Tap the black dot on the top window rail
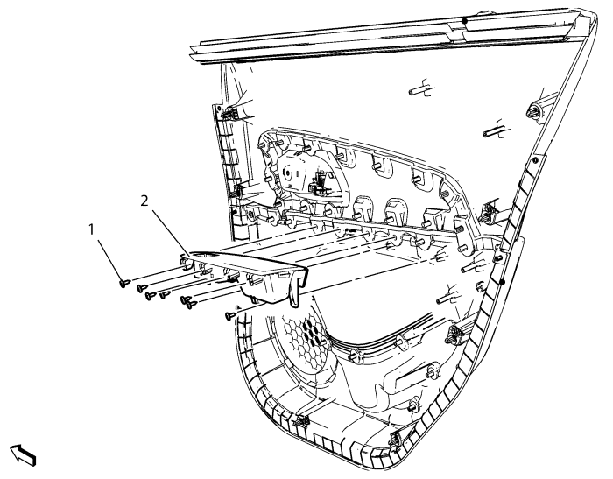point(465,19)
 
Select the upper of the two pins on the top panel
point(419,88)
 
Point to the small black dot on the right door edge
point(504,281)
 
